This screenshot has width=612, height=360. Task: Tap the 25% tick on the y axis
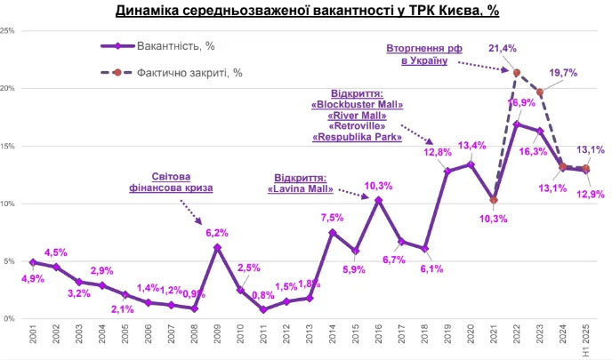tap(9, 31)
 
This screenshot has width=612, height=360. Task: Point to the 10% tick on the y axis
tap(9, 204)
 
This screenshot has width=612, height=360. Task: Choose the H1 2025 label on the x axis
tap(586, 340)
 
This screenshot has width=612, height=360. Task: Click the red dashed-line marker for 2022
tap(517, 73)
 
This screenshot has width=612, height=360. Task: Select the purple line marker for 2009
tap(217, 247)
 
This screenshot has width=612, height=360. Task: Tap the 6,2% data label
tap(218, 233)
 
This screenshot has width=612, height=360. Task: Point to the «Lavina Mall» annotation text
tap(301, 188)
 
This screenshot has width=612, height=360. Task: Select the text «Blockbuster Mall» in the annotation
tap(358, 104)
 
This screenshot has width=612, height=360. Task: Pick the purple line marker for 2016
tap(378, 200)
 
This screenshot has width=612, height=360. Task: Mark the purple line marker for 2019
tap(447, 171)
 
